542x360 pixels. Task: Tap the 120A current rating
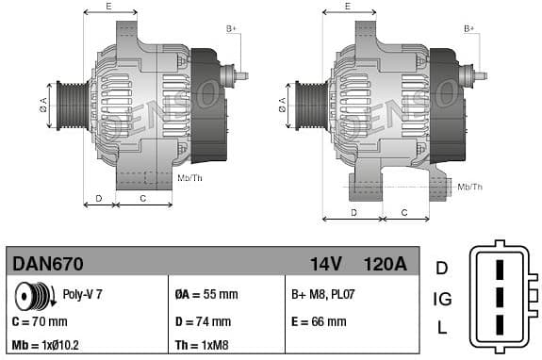click(385, 264)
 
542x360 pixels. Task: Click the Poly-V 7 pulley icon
click(34, 297)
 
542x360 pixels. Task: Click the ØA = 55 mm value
click(207, 295)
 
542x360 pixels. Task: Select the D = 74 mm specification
click(205, 321)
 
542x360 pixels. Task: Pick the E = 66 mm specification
click(319, 321)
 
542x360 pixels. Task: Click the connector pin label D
click(441, 268)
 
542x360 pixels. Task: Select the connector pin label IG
click(441, 300)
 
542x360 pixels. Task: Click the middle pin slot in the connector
click(501, 299)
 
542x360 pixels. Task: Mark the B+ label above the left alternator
click(232, 29)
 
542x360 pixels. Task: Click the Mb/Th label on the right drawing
click(469, 188)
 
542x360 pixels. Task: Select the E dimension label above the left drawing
click(108, 7)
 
